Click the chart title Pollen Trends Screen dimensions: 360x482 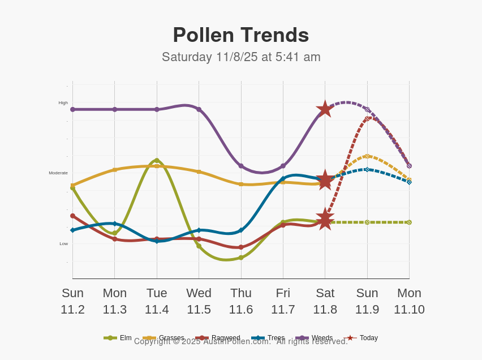[241, 35]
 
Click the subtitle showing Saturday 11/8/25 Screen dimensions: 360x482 [241, 57]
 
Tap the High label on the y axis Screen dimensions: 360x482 [63, 103]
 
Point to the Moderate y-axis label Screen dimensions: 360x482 [58, 173]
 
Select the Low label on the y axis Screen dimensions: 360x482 [63, 244]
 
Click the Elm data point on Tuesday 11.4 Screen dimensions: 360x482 [157, 161]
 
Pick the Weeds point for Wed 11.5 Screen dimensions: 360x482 [199, 109]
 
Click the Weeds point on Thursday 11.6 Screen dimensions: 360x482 [241, 166]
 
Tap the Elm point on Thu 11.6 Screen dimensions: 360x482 [241, 258]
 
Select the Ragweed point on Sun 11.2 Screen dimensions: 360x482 [72, 216]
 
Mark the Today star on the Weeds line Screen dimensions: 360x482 [325, 109]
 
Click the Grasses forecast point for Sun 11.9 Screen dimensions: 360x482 [367, 156]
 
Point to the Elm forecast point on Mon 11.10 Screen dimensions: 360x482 [409, 222]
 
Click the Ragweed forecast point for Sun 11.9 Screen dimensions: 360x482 [367, 119]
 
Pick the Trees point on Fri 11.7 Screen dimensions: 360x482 [283, 179]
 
